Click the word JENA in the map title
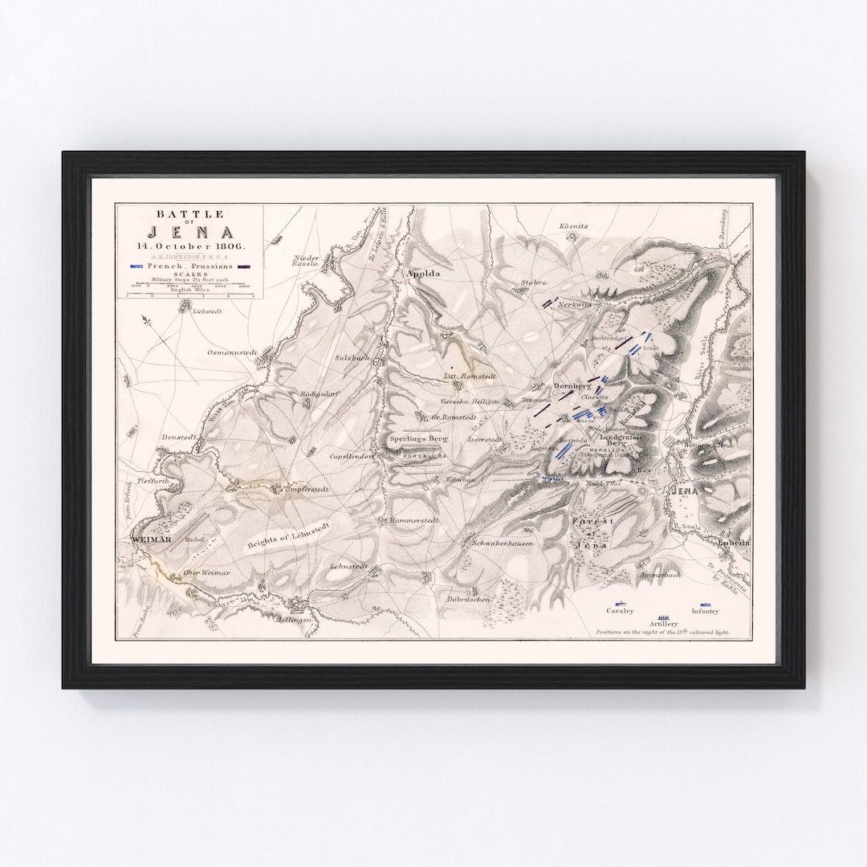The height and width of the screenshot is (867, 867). coord(190,231)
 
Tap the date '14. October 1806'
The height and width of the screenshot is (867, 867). coord(190,246)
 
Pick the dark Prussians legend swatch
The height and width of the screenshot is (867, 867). coord(244,266)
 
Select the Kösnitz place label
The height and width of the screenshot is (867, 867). coord(574,226)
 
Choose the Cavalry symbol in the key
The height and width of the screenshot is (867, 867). coord(620,603)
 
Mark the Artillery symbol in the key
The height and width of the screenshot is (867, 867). coord(664,615)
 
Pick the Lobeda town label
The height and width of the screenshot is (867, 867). coord(733,542)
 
